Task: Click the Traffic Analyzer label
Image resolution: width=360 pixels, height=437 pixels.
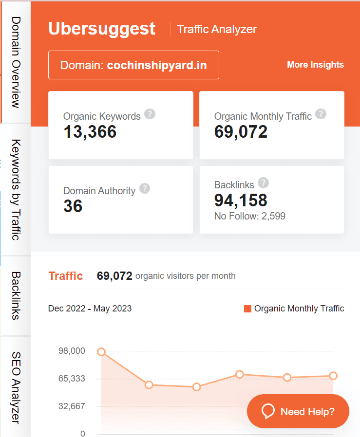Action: (217, 29)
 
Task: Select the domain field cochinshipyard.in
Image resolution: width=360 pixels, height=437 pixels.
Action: (133, 65)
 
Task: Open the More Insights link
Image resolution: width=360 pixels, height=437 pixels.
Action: (315, 65)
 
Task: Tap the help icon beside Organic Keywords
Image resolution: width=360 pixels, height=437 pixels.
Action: (150, 114)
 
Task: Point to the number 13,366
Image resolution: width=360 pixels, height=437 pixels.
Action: (90, 131)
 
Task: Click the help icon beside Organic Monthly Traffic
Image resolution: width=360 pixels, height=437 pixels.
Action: (321, 114)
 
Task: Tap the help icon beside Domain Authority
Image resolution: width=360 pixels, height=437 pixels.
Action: (145, 189)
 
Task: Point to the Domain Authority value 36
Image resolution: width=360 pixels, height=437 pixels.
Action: (73, 206)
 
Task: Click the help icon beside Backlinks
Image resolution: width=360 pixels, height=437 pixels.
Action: (263, 183)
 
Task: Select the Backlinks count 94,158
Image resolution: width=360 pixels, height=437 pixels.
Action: (241, 200)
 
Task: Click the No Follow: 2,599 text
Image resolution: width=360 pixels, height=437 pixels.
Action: (249, 216)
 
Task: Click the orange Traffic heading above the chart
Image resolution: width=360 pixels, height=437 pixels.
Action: (65, 276)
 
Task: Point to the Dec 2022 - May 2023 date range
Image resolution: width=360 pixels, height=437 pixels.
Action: (90, 308)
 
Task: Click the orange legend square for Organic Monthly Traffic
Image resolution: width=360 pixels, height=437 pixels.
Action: (247, 309)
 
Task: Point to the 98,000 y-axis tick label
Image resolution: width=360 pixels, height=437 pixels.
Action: (72, 351)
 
